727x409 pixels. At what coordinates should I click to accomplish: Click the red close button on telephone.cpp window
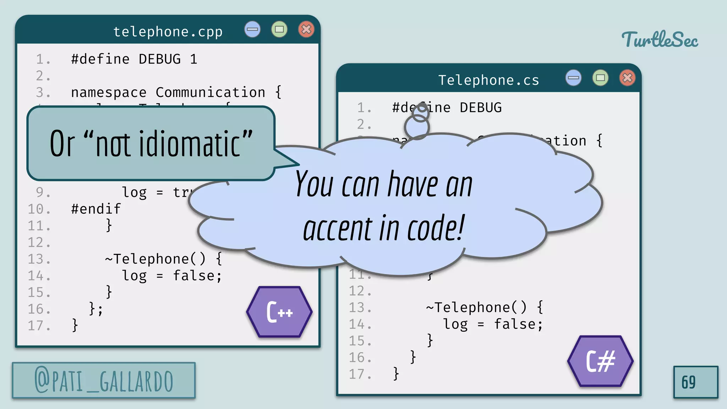click(306, 29)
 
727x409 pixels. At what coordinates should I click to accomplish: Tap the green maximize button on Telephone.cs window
click(600, 78)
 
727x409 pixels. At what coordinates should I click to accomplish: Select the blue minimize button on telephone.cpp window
click(252, 29)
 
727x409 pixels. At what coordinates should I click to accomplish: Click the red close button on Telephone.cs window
click(627, 78)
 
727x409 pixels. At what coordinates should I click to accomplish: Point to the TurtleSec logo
click(660, 39)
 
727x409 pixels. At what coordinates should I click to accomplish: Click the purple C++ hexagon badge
click(279, 312)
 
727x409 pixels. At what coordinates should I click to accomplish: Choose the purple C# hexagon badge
click(600, 361)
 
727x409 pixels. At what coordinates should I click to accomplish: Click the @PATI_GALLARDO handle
click(104, 381)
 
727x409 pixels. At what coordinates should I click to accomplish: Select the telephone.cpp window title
click(168, 32)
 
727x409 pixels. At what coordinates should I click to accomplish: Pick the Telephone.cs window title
click(488, 80)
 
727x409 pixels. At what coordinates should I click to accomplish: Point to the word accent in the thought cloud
click(338, 229)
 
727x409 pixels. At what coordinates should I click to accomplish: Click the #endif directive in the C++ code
click(96, 209)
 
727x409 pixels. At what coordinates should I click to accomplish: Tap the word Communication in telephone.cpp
click(210, 92)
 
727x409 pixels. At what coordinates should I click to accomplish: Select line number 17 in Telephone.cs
click(360, 374)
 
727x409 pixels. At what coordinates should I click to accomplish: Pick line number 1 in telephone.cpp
click(42, 59)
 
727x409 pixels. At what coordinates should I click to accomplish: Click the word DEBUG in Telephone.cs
click(481, 108)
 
